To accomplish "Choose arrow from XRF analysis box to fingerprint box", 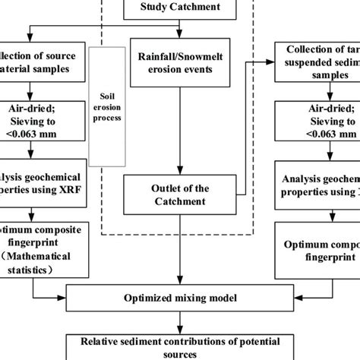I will tap(31, 212).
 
